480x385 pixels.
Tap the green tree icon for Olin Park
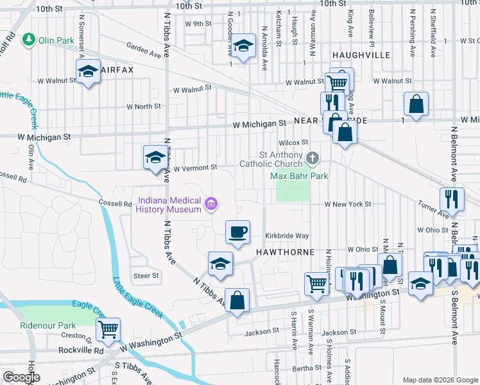point(28,40)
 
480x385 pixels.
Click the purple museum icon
point(210,205)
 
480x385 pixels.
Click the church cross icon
point(313,158)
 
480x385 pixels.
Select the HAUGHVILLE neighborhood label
point(361,55)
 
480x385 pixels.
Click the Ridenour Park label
point(48,325)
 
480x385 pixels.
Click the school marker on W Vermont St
point(155,157)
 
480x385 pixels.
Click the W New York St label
point(348,204)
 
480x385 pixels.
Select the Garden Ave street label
point(143,47)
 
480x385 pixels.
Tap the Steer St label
point(146,276)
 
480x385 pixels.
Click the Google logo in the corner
point(22,377)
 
